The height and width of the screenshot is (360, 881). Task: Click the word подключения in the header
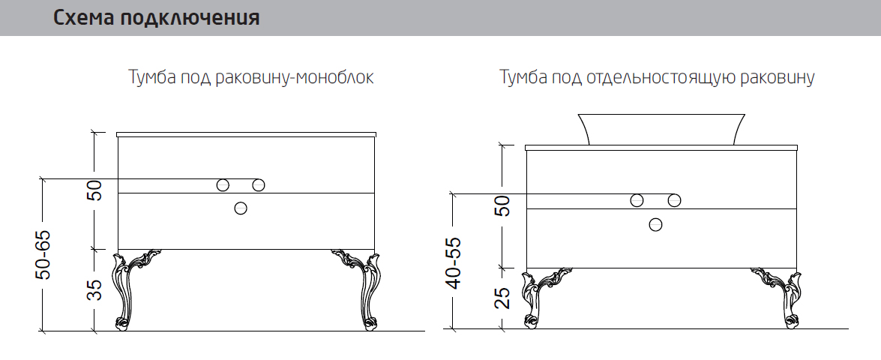click(190, 19)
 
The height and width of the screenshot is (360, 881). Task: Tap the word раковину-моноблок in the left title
click(295, 77)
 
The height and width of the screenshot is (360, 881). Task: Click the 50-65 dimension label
click(43, 254)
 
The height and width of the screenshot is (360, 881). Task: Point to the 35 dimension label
click(96, 289)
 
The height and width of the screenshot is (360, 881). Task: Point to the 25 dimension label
click(504, 298)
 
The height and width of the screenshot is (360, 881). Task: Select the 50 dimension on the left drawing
click(95, 190)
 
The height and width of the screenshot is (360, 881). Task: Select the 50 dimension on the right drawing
click(503, 206)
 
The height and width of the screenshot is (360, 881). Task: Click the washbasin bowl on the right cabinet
click(662, 129)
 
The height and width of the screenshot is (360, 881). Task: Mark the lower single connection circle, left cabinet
click(241, 208)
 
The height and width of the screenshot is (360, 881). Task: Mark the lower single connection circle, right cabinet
click(655, 225)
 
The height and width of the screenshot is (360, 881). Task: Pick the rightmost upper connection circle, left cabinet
click(259, 184)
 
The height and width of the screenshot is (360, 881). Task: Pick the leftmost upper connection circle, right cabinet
click(637, 200)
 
